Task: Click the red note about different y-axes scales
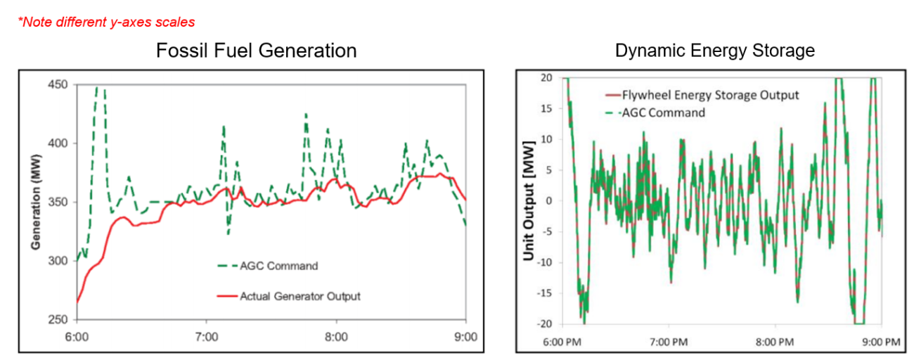pyautogui.click(x=106, y=22)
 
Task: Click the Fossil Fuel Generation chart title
pyautogui.click(x=256, y=51)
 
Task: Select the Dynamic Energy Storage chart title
pyautogui.click(x=714, y=51)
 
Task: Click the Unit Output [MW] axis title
pyautogui.click(x=529, y=200)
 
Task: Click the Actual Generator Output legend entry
pyautogui.click(x=300, y=296)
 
